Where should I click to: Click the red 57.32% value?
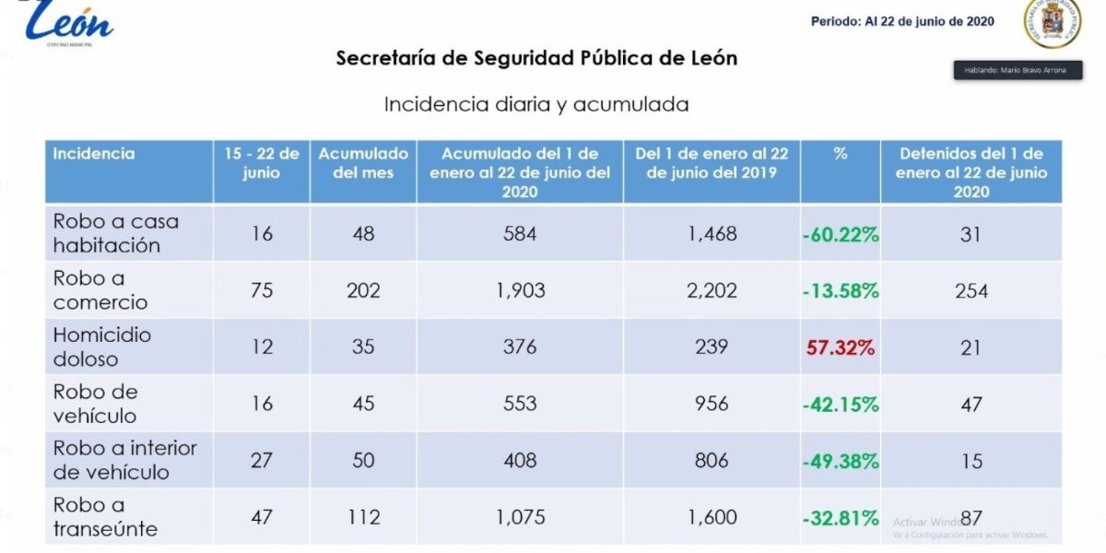(841, 347)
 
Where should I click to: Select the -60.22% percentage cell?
(841, 234)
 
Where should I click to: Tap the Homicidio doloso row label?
(102, 347)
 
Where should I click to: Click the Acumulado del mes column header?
(363, 163)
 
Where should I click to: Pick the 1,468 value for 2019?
(712, 234)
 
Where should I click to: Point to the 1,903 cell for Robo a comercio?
(520, 290)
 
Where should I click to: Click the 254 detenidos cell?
(971, 291)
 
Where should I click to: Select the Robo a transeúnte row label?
(105, 516)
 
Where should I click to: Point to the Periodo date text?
(902, 21)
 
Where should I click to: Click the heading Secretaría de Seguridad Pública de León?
(536, 58)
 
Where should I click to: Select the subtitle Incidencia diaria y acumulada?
(536, 104)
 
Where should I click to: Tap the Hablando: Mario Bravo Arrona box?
(1017, 70)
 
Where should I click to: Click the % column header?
(840, 154)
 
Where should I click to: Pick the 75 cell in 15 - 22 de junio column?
(262, 290)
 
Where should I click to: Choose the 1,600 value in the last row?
(712, 517)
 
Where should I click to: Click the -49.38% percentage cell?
(841, 461)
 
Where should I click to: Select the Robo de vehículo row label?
(96, 404)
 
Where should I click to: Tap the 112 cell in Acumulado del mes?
(363, 517)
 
